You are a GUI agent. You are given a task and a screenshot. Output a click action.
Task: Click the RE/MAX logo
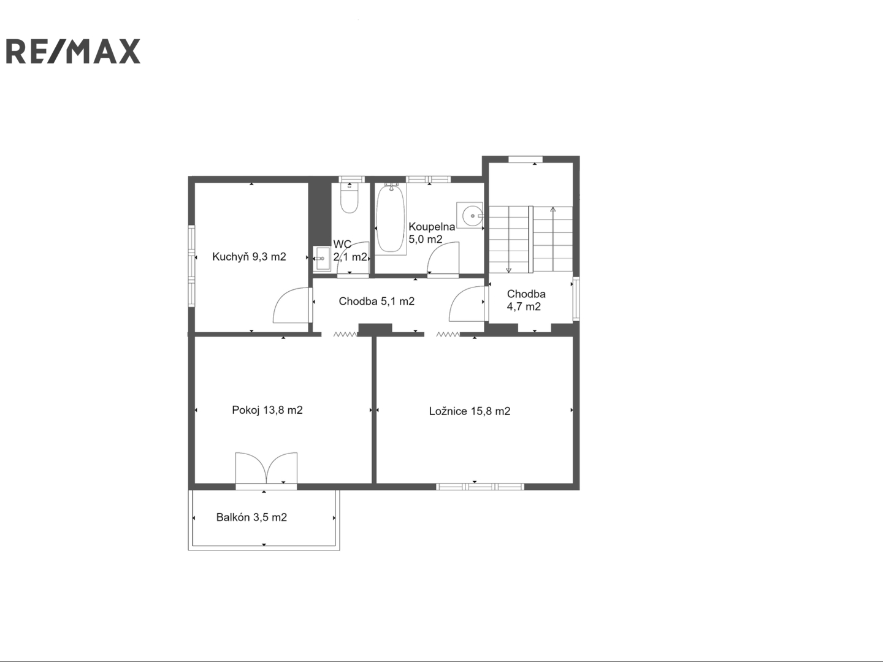point(73,51)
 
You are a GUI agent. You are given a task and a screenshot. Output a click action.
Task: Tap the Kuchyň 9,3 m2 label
point(249,256)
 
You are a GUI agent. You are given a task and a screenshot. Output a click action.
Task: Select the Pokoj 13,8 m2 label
point(267,410)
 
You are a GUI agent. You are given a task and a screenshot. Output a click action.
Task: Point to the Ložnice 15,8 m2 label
point(470,411)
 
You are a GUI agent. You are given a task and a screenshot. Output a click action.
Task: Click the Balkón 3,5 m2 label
point(251,517)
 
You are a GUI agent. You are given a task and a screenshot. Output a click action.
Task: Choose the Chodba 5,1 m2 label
point(377,301)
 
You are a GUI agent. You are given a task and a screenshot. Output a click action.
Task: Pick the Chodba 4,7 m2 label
point(526,300)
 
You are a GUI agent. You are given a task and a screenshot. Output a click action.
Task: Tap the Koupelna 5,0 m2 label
point(432,233)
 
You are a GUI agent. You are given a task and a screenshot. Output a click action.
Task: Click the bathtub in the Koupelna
point(391,219)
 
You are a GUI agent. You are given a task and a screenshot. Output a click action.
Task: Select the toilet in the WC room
point(349,198)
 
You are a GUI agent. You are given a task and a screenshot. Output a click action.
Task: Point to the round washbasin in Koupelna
point(471,216)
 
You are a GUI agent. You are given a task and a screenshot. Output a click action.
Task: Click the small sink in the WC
point(321,259)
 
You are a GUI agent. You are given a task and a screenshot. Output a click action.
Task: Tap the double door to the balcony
point(266,468)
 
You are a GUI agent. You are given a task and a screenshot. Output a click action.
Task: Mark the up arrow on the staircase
point(552,239)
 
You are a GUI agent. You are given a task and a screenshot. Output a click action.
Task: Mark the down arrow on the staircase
point(508,240)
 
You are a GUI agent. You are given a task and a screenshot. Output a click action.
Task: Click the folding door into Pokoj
point(345,334)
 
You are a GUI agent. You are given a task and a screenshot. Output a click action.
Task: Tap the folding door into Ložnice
point(448,334)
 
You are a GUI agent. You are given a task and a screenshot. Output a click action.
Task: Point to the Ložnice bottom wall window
point(480,487)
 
